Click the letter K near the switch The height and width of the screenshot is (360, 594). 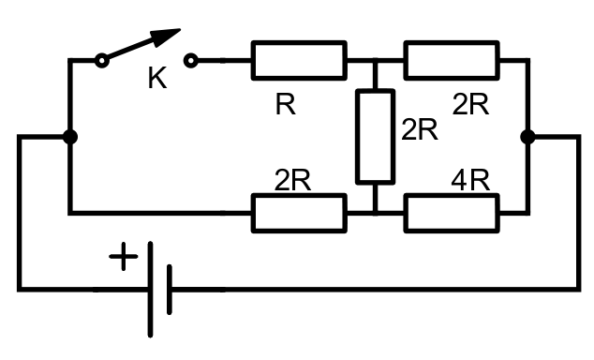(157, 78)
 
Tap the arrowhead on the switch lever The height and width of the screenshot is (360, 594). (166, 37)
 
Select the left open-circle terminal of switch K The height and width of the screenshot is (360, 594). (101, 61)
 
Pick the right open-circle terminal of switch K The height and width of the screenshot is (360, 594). (191, 61)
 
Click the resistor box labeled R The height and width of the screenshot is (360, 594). (299, 61)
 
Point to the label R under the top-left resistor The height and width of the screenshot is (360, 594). (285, 105)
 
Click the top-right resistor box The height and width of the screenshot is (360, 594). (452, 61)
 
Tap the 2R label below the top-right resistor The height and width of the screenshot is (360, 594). (470, 104)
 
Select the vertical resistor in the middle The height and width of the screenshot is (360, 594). (376, 137)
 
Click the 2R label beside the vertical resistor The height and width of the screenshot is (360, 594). (420, 130)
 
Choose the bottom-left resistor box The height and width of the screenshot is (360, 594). (299, 213)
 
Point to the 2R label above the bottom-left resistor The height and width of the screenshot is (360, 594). (292, 180)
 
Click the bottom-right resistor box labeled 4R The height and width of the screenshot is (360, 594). (452, 213)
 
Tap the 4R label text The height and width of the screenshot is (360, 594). (470, 180)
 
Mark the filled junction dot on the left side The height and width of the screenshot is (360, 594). (70, 137)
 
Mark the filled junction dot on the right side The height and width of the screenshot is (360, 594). (527, 137)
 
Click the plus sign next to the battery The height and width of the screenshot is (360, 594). (124, 257)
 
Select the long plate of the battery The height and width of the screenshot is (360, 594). (151, 289)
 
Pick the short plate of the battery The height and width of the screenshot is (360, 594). (170, 290)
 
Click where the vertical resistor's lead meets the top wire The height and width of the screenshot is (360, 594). (376, 61)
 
